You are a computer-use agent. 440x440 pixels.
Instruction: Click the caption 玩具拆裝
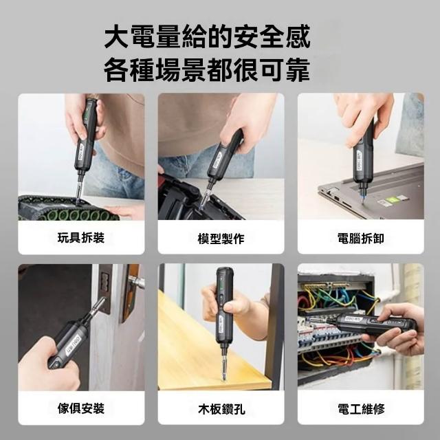81,238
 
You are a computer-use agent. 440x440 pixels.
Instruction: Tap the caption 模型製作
221,239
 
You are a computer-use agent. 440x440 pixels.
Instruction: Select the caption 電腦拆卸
360,239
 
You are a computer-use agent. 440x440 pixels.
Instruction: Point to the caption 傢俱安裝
81,408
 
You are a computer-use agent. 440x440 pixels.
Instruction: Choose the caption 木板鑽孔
221,409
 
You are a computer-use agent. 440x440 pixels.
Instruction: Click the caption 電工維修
361,408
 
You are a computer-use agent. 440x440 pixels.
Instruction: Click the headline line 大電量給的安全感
208,36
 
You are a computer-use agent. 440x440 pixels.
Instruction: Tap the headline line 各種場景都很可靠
208,69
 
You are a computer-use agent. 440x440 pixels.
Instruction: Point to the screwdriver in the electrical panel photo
365,323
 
